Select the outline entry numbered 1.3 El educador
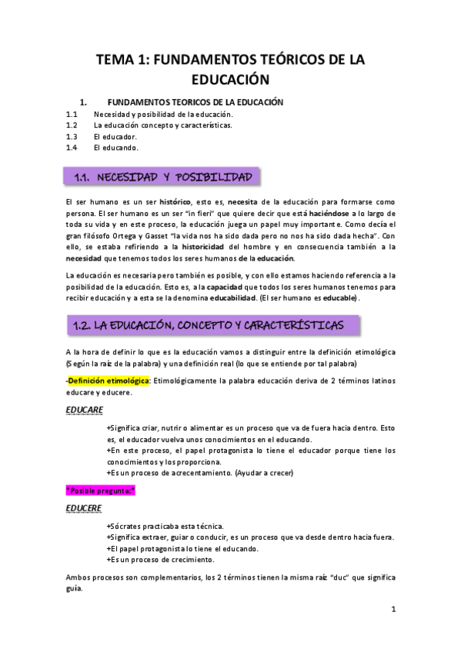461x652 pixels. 115,135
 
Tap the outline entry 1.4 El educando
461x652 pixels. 115,147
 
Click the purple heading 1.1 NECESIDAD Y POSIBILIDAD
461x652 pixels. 163,178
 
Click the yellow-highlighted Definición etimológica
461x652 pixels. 108,381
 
